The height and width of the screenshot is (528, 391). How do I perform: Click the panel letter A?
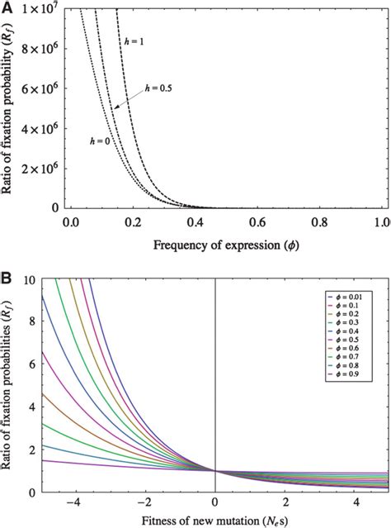coord(7,7)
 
